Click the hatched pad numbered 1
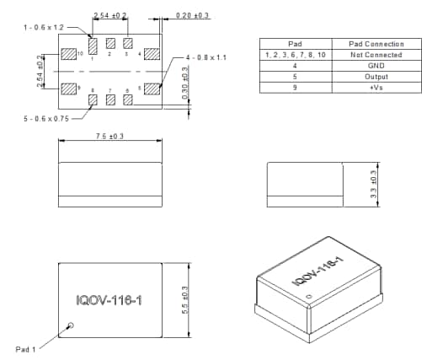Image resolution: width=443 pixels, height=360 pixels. click(x=93, y=44)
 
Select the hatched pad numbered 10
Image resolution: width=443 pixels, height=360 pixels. click(x=68, y=54)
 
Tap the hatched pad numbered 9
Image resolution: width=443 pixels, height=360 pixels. click(x=68, y=88)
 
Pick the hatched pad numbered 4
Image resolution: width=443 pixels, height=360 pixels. click(x=152, y=54)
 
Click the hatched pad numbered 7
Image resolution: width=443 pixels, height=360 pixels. click(x=110, y=99)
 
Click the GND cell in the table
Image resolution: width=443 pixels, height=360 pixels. click(x=376, y=66)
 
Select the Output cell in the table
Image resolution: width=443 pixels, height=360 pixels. click(x=376, y=77)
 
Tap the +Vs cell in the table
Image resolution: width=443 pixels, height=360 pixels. click(x=376, y=88)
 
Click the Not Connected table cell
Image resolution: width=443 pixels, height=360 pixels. click(x=376, y=55)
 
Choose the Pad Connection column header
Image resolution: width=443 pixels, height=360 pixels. click(x=376, y=44)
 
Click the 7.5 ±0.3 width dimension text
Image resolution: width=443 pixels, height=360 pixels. click(x=110, y=136)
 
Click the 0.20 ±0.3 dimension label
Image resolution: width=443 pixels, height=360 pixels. click(x=192, y=15)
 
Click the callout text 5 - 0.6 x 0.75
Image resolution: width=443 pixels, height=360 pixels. click(x=47, y=119)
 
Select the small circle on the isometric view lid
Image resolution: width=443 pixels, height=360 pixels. click(x=308, y=296)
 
